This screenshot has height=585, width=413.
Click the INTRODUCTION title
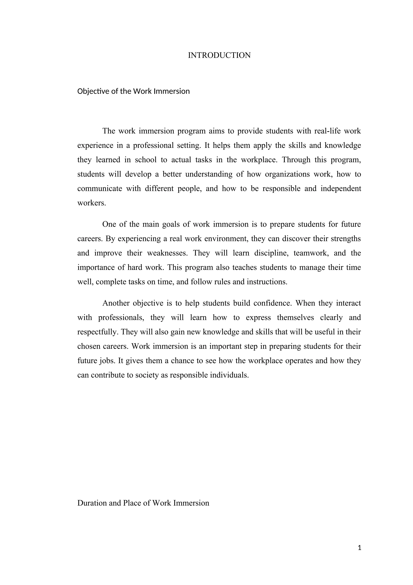(219, 55)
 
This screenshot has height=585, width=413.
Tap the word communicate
(100, 188)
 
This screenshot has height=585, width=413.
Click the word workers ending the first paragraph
(91, 203)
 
